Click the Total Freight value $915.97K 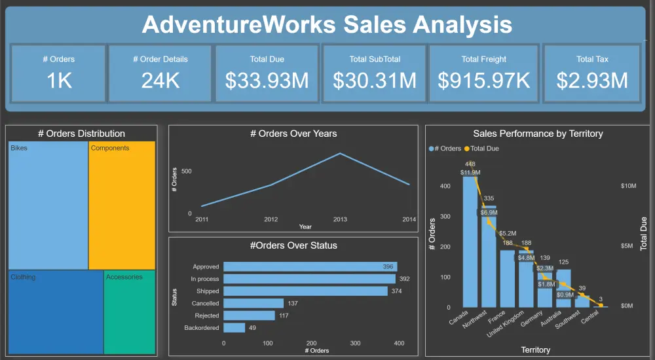coord(483,81)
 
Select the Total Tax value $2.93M coord(592,81)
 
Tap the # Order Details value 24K coord(160,81)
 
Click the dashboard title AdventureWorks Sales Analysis coord(327,25)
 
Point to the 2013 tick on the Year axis coord(340,219)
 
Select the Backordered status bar coord(234,328)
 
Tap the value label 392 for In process coord(404,279)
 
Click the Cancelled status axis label coord(205,304)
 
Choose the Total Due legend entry coord(484,149)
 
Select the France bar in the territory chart coord(508,278)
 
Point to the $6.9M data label coord(489,213)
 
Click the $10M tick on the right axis coord(628,187)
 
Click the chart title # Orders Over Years coord(293,134)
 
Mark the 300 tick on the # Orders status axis coord(355,343)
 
